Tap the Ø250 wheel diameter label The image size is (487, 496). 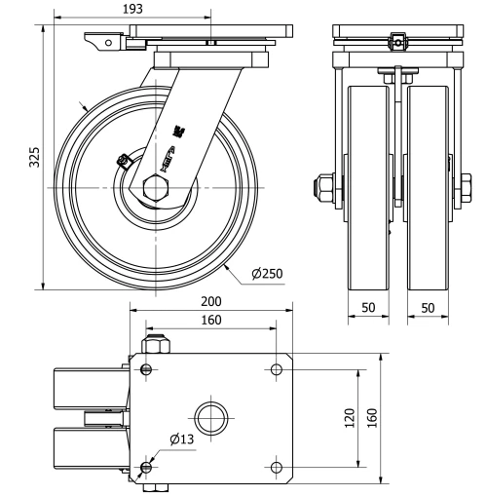pyautogui.click(x=266, y=273)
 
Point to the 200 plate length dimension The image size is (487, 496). pyautogui.click(x=211, y=303)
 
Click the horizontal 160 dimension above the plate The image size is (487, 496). pyautogui.click(x=211, y=320)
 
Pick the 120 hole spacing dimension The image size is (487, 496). pyautogui.click(x=349, y=419)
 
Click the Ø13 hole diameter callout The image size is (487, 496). pyautogui.click(x=181, y=440)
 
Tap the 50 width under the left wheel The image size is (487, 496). pyautogui.click(x=369, y=307)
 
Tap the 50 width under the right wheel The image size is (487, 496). pyautogui.click(x=428, y=307)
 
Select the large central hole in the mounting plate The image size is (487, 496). pyautogui.click(x=210, y=419)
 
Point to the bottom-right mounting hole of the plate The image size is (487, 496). pyautogui.click(x=277, y=469)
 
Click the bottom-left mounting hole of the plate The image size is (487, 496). pyautogui.click(x=146, y=469)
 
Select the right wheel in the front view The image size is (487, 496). pyautogui.click(x=428, y=185)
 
